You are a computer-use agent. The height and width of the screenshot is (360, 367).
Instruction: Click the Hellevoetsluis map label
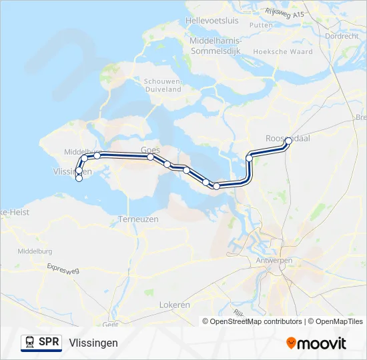pyautogui.click(x=212, y=21)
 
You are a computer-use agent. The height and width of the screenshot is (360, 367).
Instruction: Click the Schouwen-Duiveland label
pyautogui.click(x=162, y=85)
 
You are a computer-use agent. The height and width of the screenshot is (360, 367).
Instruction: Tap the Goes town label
pyautogui.click(x=149, y=149)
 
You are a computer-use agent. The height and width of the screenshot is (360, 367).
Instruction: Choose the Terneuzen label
pyautogui.click(x=137, y=219)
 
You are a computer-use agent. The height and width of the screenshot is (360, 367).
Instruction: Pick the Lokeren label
pyautogui.click(x=175, y=305)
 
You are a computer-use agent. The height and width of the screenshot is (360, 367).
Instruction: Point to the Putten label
pyautogui.click(x=262, y=25)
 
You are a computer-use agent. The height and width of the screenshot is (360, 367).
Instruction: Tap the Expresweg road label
pyautogui.click(x=63, y=269)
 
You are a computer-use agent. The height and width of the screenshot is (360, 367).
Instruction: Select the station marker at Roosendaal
pyautogui.click(x=288, y=141)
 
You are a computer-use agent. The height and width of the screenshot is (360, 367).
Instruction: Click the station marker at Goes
pyautogui.click(x=151, y=157)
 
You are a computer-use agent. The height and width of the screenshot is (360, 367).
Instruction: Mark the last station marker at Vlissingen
pyautogui.click(x=79, y=178)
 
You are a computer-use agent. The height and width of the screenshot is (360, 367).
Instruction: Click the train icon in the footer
pyautogui.click(x=29, y=343)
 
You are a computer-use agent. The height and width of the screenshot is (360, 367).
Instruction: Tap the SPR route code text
pyautogui.click(x=48, y=343)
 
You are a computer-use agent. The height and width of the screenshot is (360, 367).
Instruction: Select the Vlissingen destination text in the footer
pyautogui.click(x=93, y=343)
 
